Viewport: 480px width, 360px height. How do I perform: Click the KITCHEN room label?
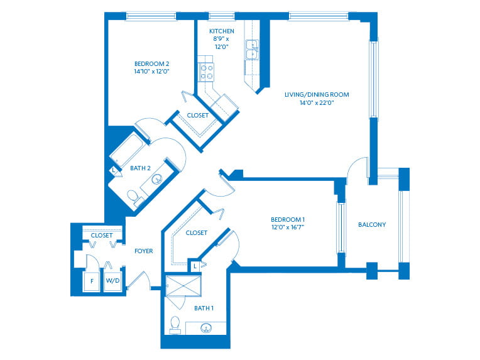[222, 31]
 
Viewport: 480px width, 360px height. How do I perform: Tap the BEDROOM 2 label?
[151, 63]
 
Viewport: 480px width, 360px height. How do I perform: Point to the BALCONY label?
[371, 224]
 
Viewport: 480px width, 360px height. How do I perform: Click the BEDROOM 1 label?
[288, 219]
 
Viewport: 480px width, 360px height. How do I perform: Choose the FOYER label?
[144, 251]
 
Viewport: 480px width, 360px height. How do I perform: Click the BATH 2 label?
[140, 168]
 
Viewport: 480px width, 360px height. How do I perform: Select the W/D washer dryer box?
[113, 281]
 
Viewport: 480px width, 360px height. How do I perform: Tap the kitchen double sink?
[252, 48]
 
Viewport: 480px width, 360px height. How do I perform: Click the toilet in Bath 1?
[175, 324]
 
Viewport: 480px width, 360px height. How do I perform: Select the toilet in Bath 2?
[133, 198]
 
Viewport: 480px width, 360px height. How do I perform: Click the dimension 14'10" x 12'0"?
[151, 72]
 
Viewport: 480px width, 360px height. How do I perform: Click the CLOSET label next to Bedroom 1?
[196, 232]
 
